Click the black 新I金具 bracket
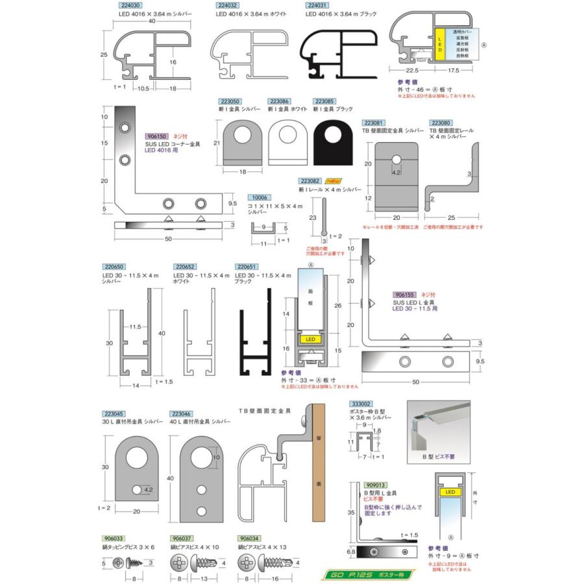pyautogui.click(x=334, y=145)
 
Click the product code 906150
pyautogui.click(x=158, y=136)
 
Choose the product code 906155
pyautogui.click(x=405, y=294)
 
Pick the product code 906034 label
pyautogui.click(x=250, y=538)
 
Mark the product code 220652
pyautogui.click(x=184, y=267)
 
